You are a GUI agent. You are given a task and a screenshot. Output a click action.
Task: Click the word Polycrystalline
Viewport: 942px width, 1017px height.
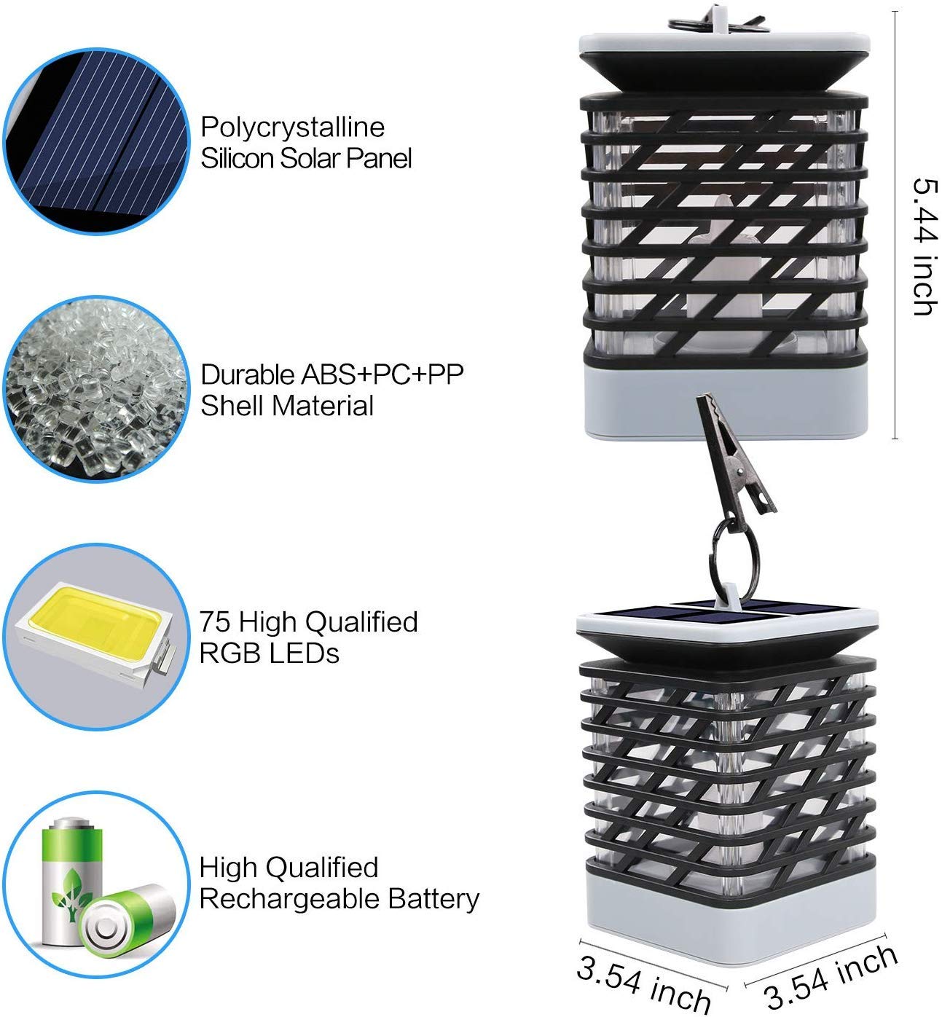(292, 128)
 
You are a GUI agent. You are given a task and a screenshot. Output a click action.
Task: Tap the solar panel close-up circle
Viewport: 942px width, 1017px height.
(96, 141)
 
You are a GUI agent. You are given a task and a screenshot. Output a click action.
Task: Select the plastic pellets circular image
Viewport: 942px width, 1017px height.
(96, 389)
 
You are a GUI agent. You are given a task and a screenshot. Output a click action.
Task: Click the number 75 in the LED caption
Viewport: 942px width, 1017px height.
(214, 622)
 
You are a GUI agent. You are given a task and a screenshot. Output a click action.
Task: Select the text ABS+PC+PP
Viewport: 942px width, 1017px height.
(382, 374)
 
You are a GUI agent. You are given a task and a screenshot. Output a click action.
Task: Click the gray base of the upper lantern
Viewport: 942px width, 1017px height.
(726, 402)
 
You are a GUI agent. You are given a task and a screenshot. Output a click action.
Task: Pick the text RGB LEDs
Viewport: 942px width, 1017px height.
(270, 654)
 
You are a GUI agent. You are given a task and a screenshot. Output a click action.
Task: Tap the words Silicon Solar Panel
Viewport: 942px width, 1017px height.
(306, 158)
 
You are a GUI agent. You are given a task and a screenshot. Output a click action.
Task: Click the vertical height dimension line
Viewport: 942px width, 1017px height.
(895, 225)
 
